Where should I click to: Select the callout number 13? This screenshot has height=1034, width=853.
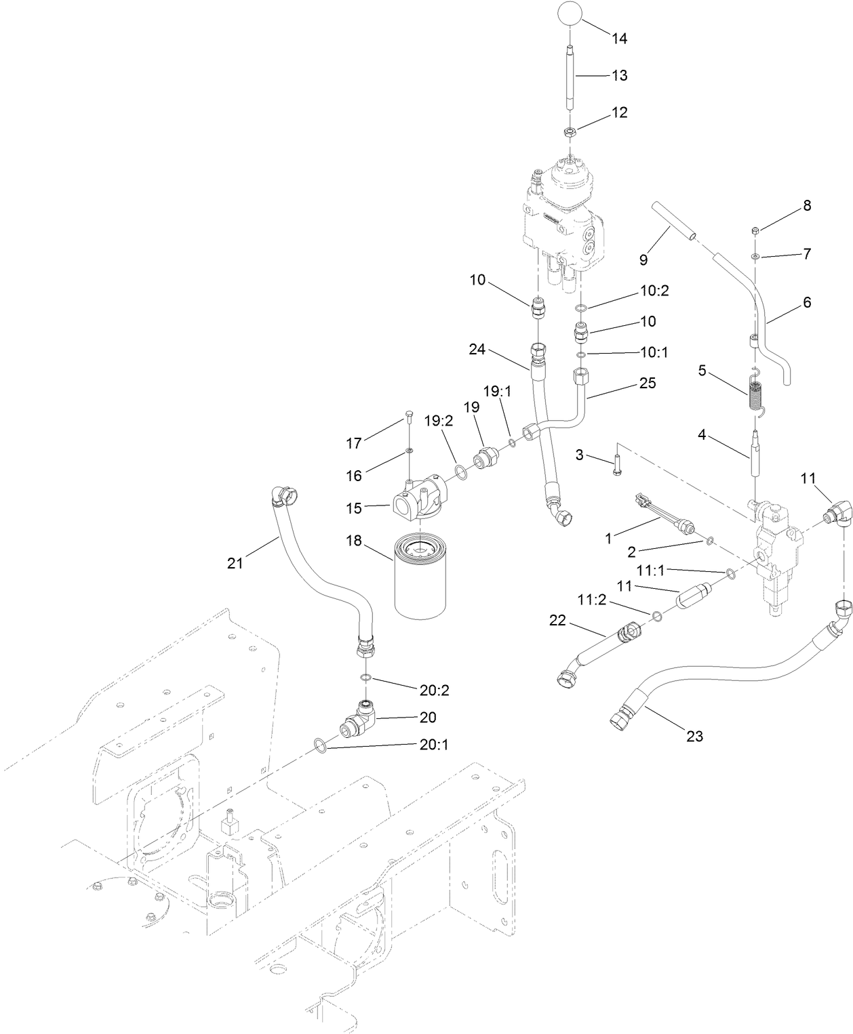click(620, 75)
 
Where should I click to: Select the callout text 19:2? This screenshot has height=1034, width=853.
click(439, 421)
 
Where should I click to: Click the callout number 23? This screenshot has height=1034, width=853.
click(695, 736)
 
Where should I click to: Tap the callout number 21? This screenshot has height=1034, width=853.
click(235, 563)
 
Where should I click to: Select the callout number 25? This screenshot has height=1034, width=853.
click(648, 383)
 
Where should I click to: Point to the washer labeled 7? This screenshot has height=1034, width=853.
click(755, 257)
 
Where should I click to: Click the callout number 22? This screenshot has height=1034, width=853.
click(558, 620)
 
